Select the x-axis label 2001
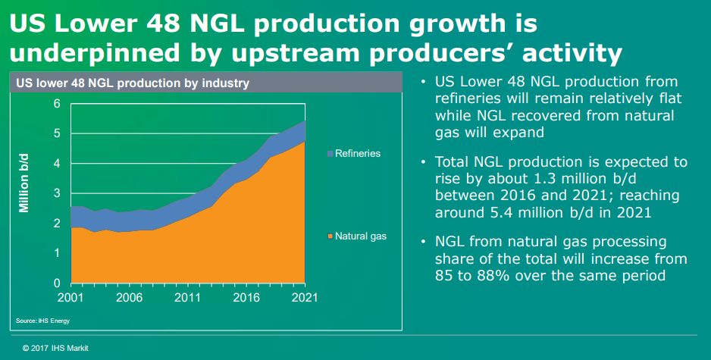(x=70, y=297)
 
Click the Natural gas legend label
(x=361, y=236)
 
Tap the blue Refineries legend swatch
(x=330, y=155)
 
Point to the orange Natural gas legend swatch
(x=330, y=237)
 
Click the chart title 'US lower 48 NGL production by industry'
(x=133, y=83)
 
